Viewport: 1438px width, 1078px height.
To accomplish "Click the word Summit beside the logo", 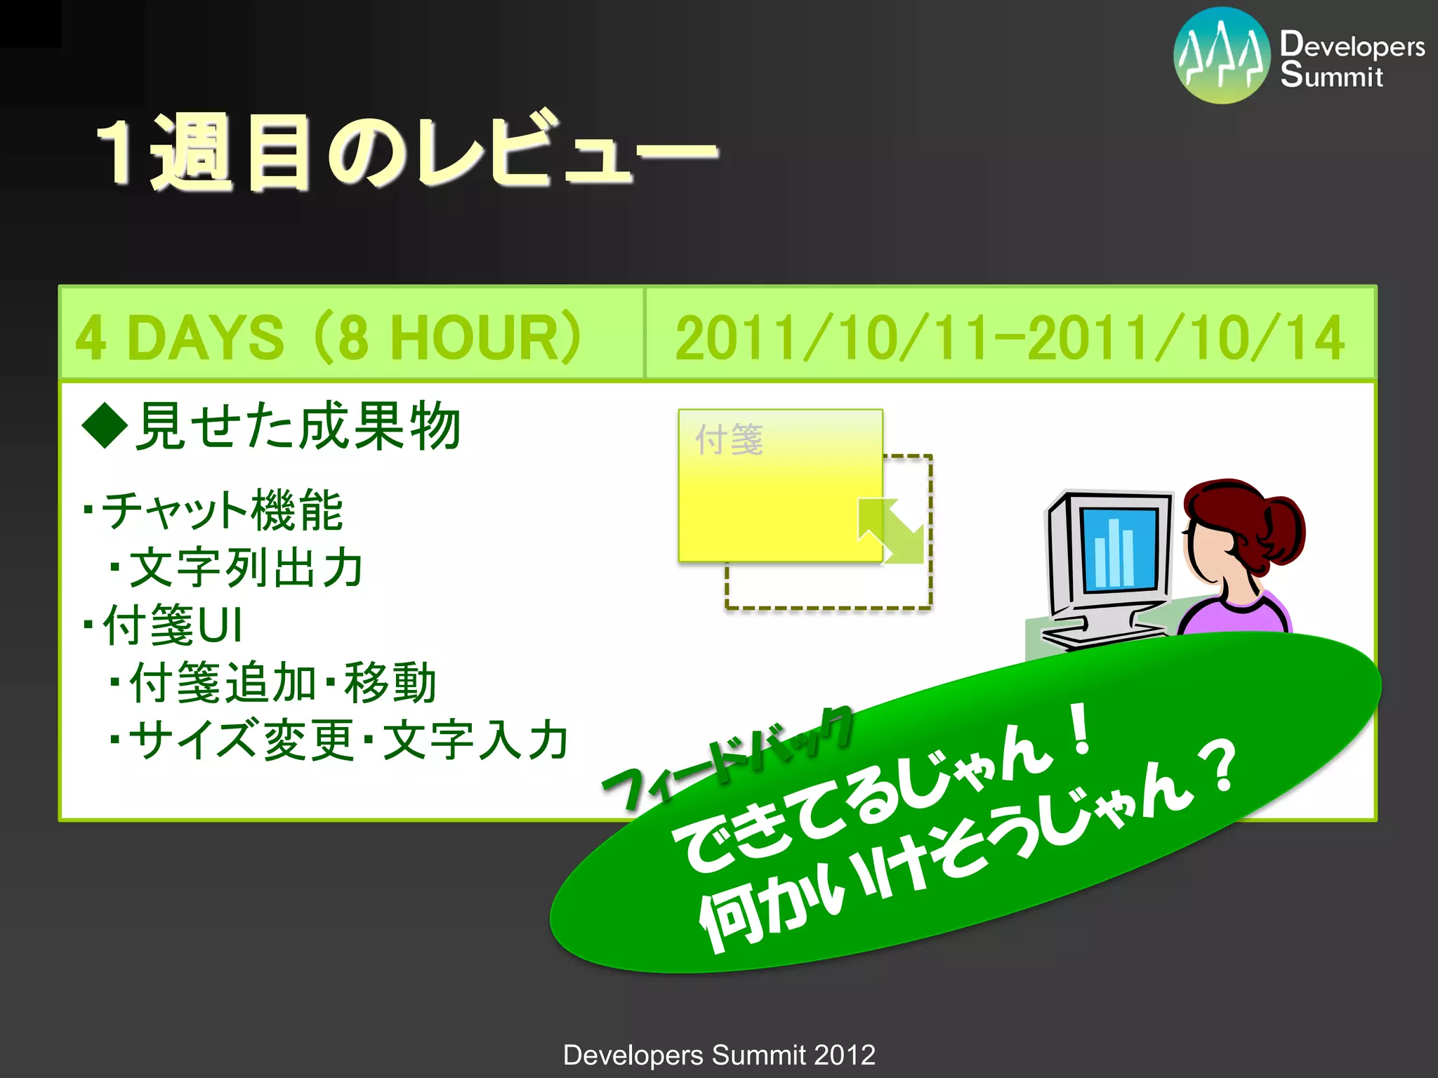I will click(1331, 76).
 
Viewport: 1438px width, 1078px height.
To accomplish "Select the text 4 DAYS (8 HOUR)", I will click(329, 337).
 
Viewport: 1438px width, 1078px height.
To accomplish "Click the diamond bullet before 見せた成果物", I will click(105, 425).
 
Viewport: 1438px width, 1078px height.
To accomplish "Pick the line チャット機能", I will click(221, 510).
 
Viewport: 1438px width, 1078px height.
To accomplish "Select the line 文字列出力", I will click(246, 568).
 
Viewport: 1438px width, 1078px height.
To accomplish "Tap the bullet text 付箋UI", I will click(172, 625).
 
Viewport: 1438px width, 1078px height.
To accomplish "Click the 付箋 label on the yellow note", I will click(729, 440).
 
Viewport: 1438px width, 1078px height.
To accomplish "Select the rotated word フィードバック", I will click(727, 758).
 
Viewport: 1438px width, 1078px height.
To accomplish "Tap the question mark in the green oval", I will click(1222, 768).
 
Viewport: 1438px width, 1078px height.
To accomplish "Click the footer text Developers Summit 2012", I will click(719, 1055).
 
